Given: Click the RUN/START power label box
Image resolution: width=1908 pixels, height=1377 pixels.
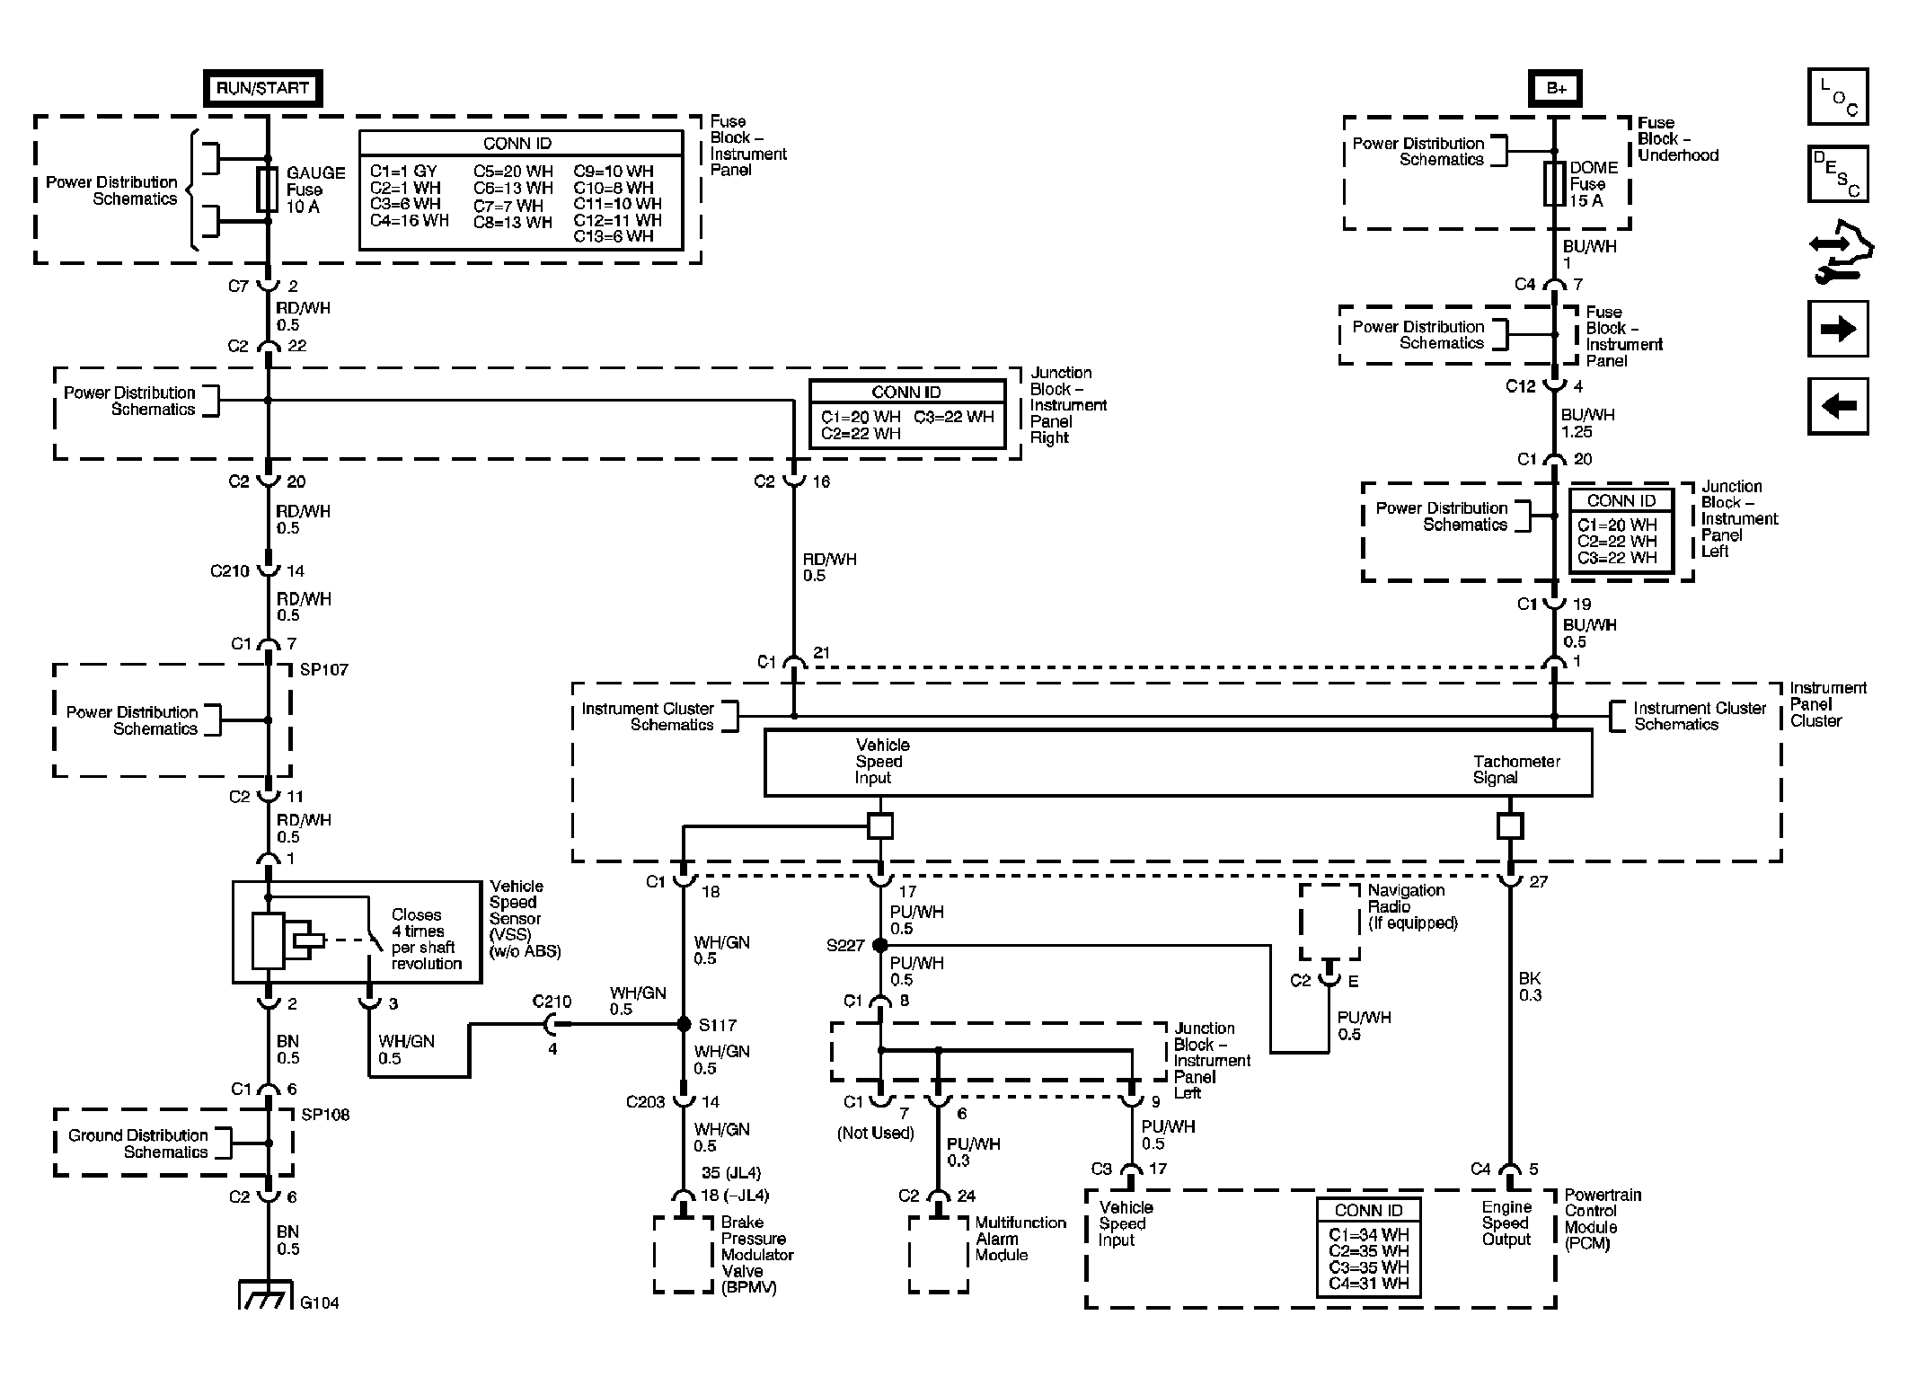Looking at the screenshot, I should click(x=262, y=88).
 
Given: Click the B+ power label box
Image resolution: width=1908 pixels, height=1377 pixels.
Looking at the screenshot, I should click(x=1555, y=88).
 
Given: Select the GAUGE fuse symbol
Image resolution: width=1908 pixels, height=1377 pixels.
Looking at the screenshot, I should click(x=267, y=190).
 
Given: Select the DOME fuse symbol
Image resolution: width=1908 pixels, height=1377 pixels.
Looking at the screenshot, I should click(x=1554, y=184).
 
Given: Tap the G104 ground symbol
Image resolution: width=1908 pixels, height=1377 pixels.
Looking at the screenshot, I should click(x=267, y=1295).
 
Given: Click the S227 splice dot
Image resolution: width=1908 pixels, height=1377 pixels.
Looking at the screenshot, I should click(x=880, y=945).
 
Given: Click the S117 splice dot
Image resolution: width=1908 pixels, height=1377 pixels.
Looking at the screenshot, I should click(x=684, y=1024).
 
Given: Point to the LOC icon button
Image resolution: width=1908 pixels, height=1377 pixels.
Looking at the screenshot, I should click(x=1838, y=96).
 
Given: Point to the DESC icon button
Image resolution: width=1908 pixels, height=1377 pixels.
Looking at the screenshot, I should click(x=1838, y=173).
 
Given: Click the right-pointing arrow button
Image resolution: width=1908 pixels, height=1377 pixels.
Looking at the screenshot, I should click(x=1838, y=329).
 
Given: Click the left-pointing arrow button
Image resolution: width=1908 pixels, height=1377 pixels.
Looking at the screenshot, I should click(x=1838, y=407).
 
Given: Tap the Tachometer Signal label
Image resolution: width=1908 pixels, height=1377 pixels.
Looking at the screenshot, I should click(x=1516, y=770).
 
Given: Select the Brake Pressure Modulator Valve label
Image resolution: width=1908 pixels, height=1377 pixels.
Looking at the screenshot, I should click(x=756, y=1254).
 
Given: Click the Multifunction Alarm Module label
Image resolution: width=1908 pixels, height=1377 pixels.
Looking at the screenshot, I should click(x=1020, y=1239).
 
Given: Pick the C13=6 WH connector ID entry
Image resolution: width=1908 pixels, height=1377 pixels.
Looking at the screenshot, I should click(x=614, y=236).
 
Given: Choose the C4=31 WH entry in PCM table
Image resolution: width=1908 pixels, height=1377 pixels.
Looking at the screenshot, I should click(x=1368, y=1284).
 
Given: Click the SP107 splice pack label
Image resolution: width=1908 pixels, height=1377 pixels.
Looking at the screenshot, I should click(x=323, y=670).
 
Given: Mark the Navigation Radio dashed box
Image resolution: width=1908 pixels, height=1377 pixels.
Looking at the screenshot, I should click(x=1329, y=922).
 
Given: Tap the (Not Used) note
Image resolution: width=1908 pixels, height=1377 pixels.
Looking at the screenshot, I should click(x=875, y=1134).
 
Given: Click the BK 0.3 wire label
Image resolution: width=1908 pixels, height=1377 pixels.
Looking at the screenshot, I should click(x=1530, y=986).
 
